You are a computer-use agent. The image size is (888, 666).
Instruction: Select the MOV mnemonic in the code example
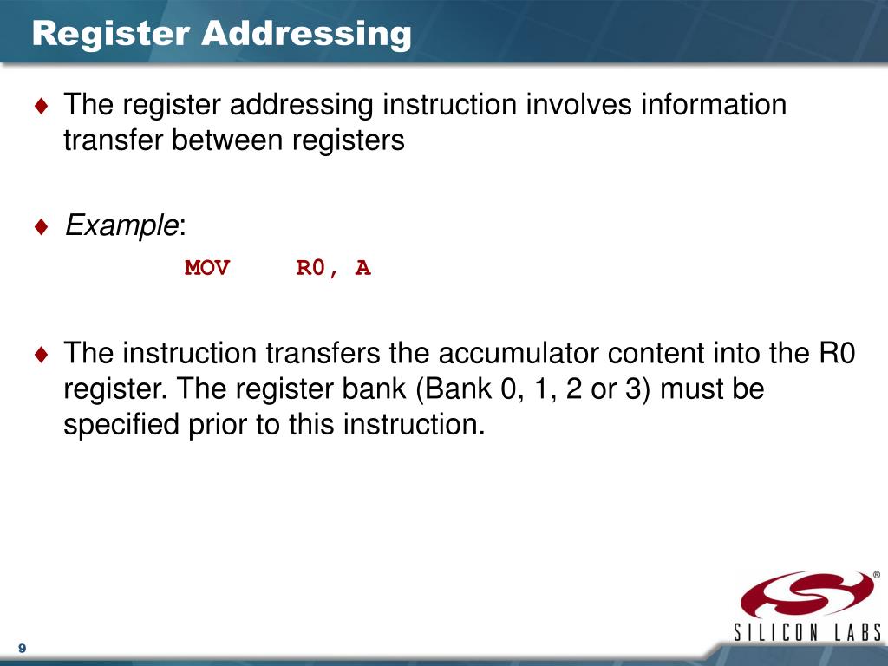(x=207, y=268)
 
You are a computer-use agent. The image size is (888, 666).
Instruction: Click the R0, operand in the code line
(x=320, y=268)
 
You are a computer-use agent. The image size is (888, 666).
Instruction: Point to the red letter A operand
(x=362, y=268)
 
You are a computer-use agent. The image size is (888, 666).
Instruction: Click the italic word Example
(x=121, y=226)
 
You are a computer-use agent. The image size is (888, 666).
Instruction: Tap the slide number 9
(x=22, y=649)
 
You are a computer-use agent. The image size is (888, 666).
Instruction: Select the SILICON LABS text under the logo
(x=807, y=632)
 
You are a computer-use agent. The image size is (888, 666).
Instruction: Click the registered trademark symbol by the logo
(x=876, y=574)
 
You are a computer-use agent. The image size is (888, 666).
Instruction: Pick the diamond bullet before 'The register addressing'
(x=42, y=106)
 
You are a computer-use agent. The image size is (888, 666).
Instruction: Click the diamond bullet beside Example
(x=42, y=227)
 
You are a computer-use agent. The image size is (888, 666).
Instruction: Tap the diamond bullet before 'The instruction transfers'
(x=42, y=354)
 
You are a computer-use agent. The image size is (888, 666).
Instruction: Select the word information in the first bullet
(x=714, y=105)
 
